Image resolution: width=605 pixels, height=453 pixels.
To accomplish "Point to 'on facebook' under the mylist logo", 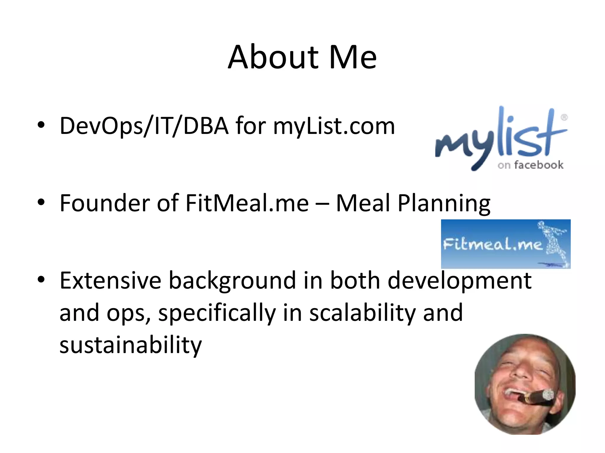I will pos(530,165).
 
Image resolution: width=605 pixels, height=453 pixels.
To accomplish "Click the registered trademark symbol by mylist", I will pos(564,117).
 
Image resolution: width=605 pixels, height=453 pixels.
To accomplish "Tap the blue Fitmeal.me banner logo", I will pos(505,244).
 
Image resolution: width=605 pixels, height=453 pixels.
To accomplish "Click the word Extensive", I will pos(110,280).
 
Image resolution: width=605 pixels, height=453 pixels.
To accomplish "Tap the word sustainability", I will pos(131,345).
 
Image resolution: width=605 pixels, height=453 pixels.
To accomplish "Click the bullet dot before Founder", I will pos(41,202).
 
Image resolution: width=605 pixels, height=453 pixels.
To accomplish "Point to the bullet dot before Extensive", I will pos(41,280).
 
